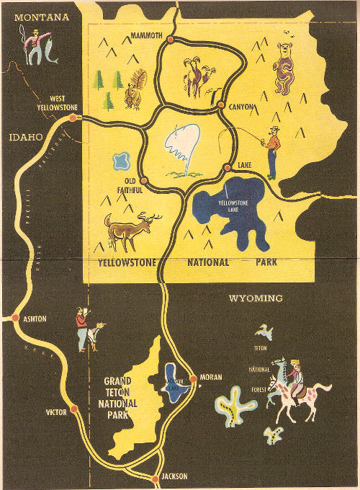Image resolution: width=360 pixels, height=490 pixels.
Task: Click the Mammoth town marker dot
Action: (171, 39)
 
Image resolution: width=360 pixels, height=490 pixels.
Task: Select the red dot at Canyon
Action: (221, 105)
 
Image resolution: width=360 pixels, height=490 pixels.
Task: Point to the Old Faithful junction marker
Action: (143, 180)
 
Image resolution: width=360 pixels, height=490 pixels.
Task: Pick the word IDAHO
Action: (25, 137)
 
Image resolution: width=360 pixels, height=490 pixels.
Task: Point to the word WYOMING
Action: (256, 298)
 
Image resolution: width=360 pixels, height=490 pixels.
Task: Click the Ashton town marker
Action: (15, 317)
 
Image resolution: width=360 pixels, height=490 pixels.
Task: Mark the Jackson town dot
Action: (155, 478)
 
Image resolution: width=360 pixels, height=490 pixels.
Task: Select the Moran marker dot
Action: (193, 378)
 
